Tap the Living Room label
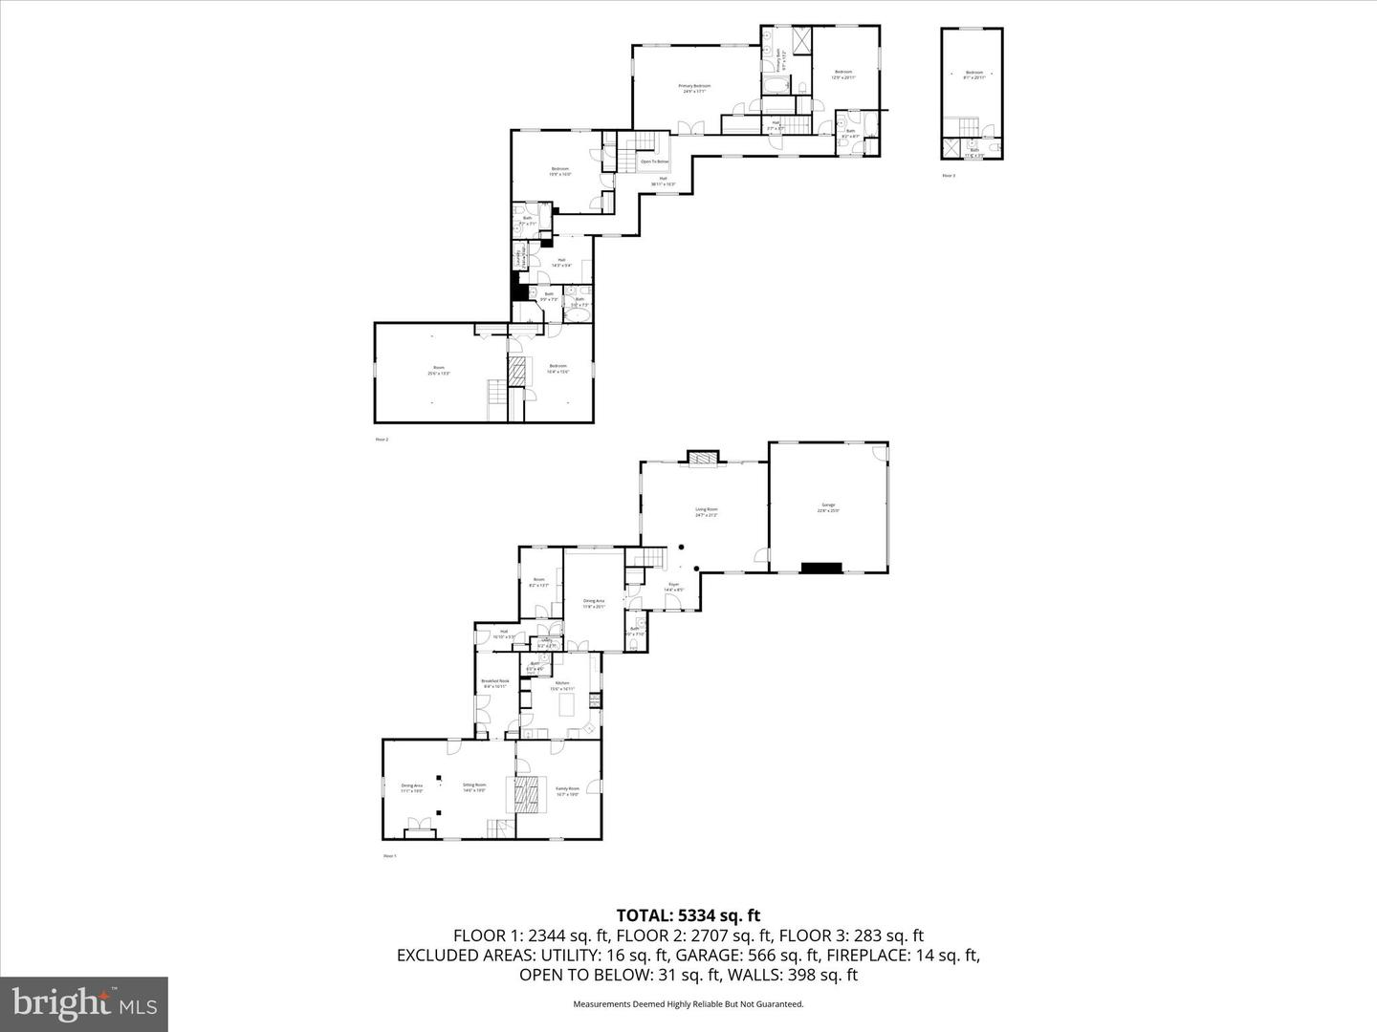[x=706, y=511]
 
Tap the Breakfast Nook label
[x=495, y=683]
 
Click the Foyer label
[x=674, y=586]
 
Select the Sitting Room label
[x=474, y=787]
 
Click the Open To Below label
[x=654, y=161]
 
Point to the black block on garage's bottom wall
[x=820, y=569]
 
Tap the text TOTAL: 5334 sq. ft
[x=688, y=915]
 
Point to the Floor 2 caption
[x=382, y=440]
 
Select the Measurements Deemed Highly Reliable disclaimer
[x=688, y=1004]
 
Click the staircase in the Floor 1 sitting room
[x=496, y=828]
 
